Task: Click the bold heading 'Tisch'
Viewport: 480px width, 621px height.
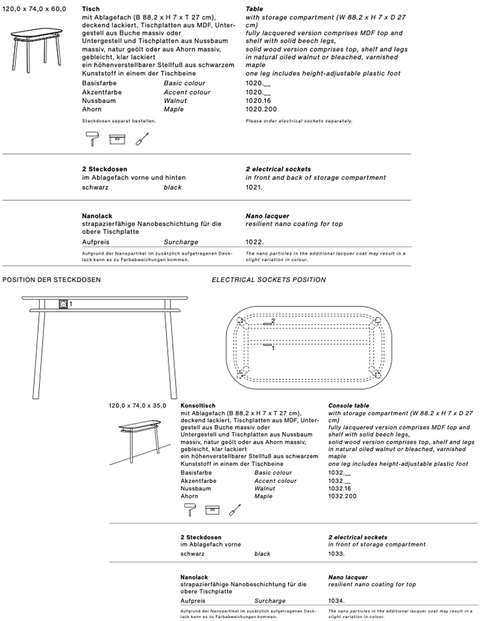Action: (x=91, y=9)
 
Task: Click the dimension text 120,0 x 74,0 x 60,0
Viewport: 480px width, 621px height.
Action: (x=34, y=9)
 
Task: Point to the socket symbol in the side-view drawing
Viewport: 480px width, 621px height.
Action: (x=63, y=304)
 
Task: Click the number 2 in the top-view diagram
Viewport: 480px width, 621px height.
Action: (x=273, y=321)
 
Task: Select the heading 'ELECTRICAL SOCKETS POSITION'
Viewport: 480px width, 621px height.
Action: (x=268, y=280)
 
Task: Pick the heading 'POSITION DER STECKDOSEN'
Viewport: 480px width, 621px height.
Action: (x=51, y=280)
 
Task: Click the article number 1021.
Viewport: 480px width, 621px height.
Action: (x=254, y=187)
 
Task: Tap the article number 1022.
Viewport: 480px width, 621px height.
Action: (x=254, y=242)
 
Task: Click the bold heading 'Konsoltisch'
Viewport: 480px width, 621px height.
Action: (x=198, y=406)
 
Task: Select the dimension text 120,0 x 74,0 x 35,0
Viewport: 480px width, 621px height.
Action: (x=138, y=406)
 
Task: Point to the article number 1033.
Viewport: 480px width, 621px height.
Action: (x=336, y=554)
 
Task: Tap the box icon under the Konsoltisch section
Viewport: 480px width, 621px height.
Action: (x=212, y=510)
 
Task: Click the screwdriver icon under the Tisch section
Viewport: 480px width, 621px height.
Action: (x=142, y=139)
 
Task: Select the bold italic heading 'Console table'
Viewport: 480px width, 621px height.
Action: (x=349, y=406)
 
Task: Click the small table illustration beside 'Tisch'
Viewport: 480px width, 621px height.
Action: (x=36, y=50)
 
